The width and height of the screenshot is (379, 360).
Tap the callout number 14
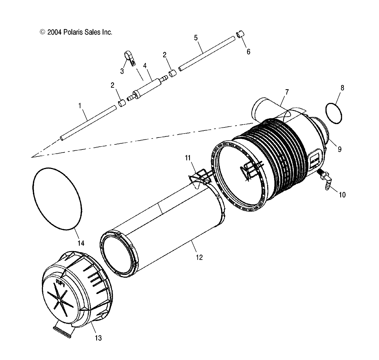[81, 243]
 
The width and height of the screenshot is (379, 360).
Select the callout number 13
[98, 338]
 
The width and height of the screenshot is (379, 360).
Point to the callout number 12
[199, 257]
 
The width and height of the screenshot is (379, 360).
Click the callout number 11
[187, 158]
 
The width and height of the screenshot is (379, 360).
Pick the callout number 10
[342, 195]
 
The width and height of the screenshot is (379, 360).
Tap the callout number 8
[342, 88]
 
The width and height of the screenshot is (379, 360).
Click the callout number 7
[287, 92]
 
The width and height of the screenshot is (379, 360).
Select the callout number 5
[196, 38]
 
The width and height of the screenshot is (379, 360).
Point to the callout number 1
[80, 106]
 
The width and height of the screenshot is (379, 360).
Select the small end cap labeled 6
[240, 34]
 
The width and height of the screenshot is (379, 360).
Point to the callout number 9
[339, 149]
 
